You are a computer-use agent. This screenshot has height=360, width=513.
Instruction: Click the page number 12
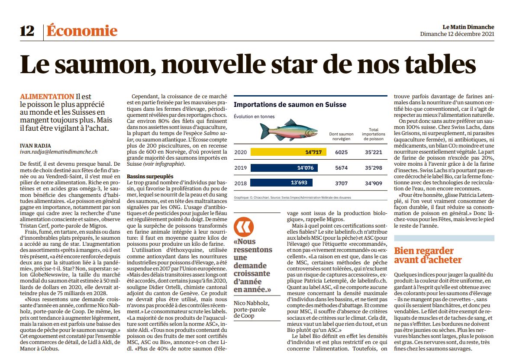coord(27,31)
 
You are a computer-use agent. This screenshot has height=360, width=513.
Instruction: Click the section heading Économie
coord(82,31)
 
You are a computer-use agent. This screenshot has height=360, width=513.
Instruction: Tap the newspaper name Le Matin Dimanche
coord(468,27)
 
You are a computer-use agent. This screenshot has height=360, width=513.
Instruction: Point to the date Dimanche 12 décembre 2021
coord(457,34)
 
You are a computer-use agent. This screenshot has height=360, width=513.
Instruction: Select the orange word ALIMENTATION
coord(47,96)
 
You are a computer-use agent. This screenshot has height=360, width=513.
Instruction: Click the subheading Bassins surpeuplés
coord(150,177)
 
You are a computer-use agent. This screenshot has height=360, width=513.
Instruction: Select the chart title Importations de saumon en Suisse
coord(290,105)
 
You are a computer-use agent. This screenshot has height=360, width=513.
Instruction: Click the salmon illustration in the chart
coord(289,130)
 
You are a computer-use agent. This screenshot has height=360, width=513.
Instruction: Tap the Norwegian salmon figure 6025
coord(341,152)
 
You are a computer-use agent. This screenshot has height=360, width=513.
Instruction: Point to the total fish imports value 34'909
coord(373,183)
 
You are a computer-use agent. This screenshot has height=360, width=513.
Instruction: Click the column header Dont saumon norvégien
coord(341,137)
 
